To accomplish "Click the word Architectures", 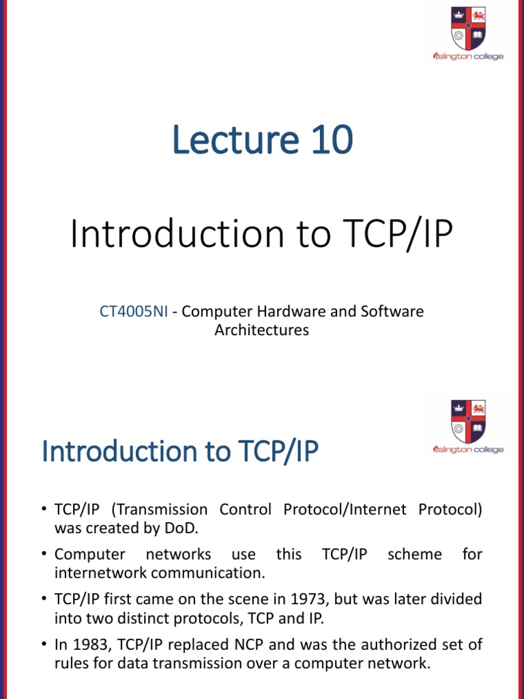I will click(262, 330).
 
